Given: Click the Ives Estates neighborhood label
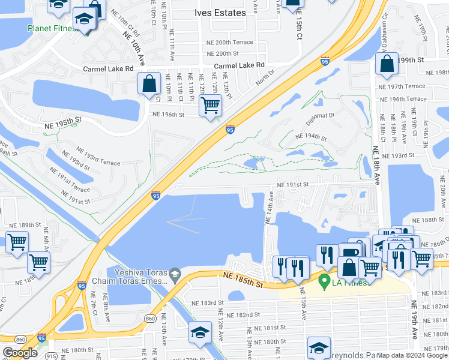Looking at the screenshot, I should (220, 13).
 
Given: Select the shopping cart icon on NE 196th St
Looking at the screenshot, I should (210, 106).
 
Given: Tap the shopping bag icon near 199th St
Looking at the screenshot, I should (388, 64).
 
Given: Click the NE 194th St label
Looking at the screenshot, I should (311, 137).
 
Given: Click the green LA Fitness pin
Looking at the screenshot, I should (325, 280).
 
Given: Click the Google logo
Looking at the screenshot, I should (20, 353).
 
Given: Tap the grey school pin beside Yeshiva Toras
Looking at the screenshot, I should (175, 272).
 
